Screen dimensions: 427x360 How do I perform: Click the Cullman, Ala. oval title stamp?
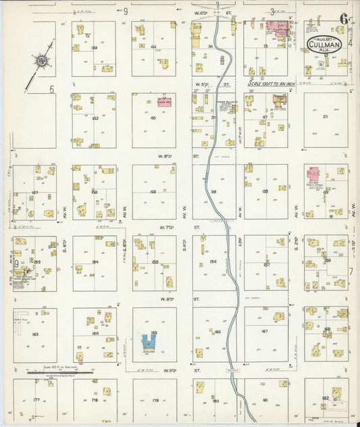tap(324, 45)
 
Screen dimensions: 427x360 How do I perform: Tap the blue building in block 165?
tap(149, 342)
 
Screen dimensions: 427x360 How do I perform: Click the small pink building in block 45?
tap(163, 102)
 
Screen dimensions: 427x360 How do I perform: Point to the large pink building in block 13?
tap(278, 28)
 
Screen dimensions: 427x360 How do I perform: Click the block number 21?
tap(325, 117)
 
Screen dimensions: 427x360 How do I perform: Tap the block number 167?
tap(265, 332)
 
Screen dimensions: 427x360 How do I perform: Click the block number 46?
tap(153, 192)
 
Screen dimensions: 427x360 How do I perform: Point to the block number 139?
tap(94, 48)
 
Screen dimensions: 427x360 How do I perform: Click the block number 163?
tap(34, 334)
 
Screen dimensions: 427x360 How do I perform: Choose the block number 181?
tap(265, 400)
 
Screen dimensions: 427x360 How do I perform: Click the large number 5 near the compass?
tap(51, 89)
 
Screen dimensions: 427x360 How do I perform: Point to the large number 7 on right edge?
tap(351, 271)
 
